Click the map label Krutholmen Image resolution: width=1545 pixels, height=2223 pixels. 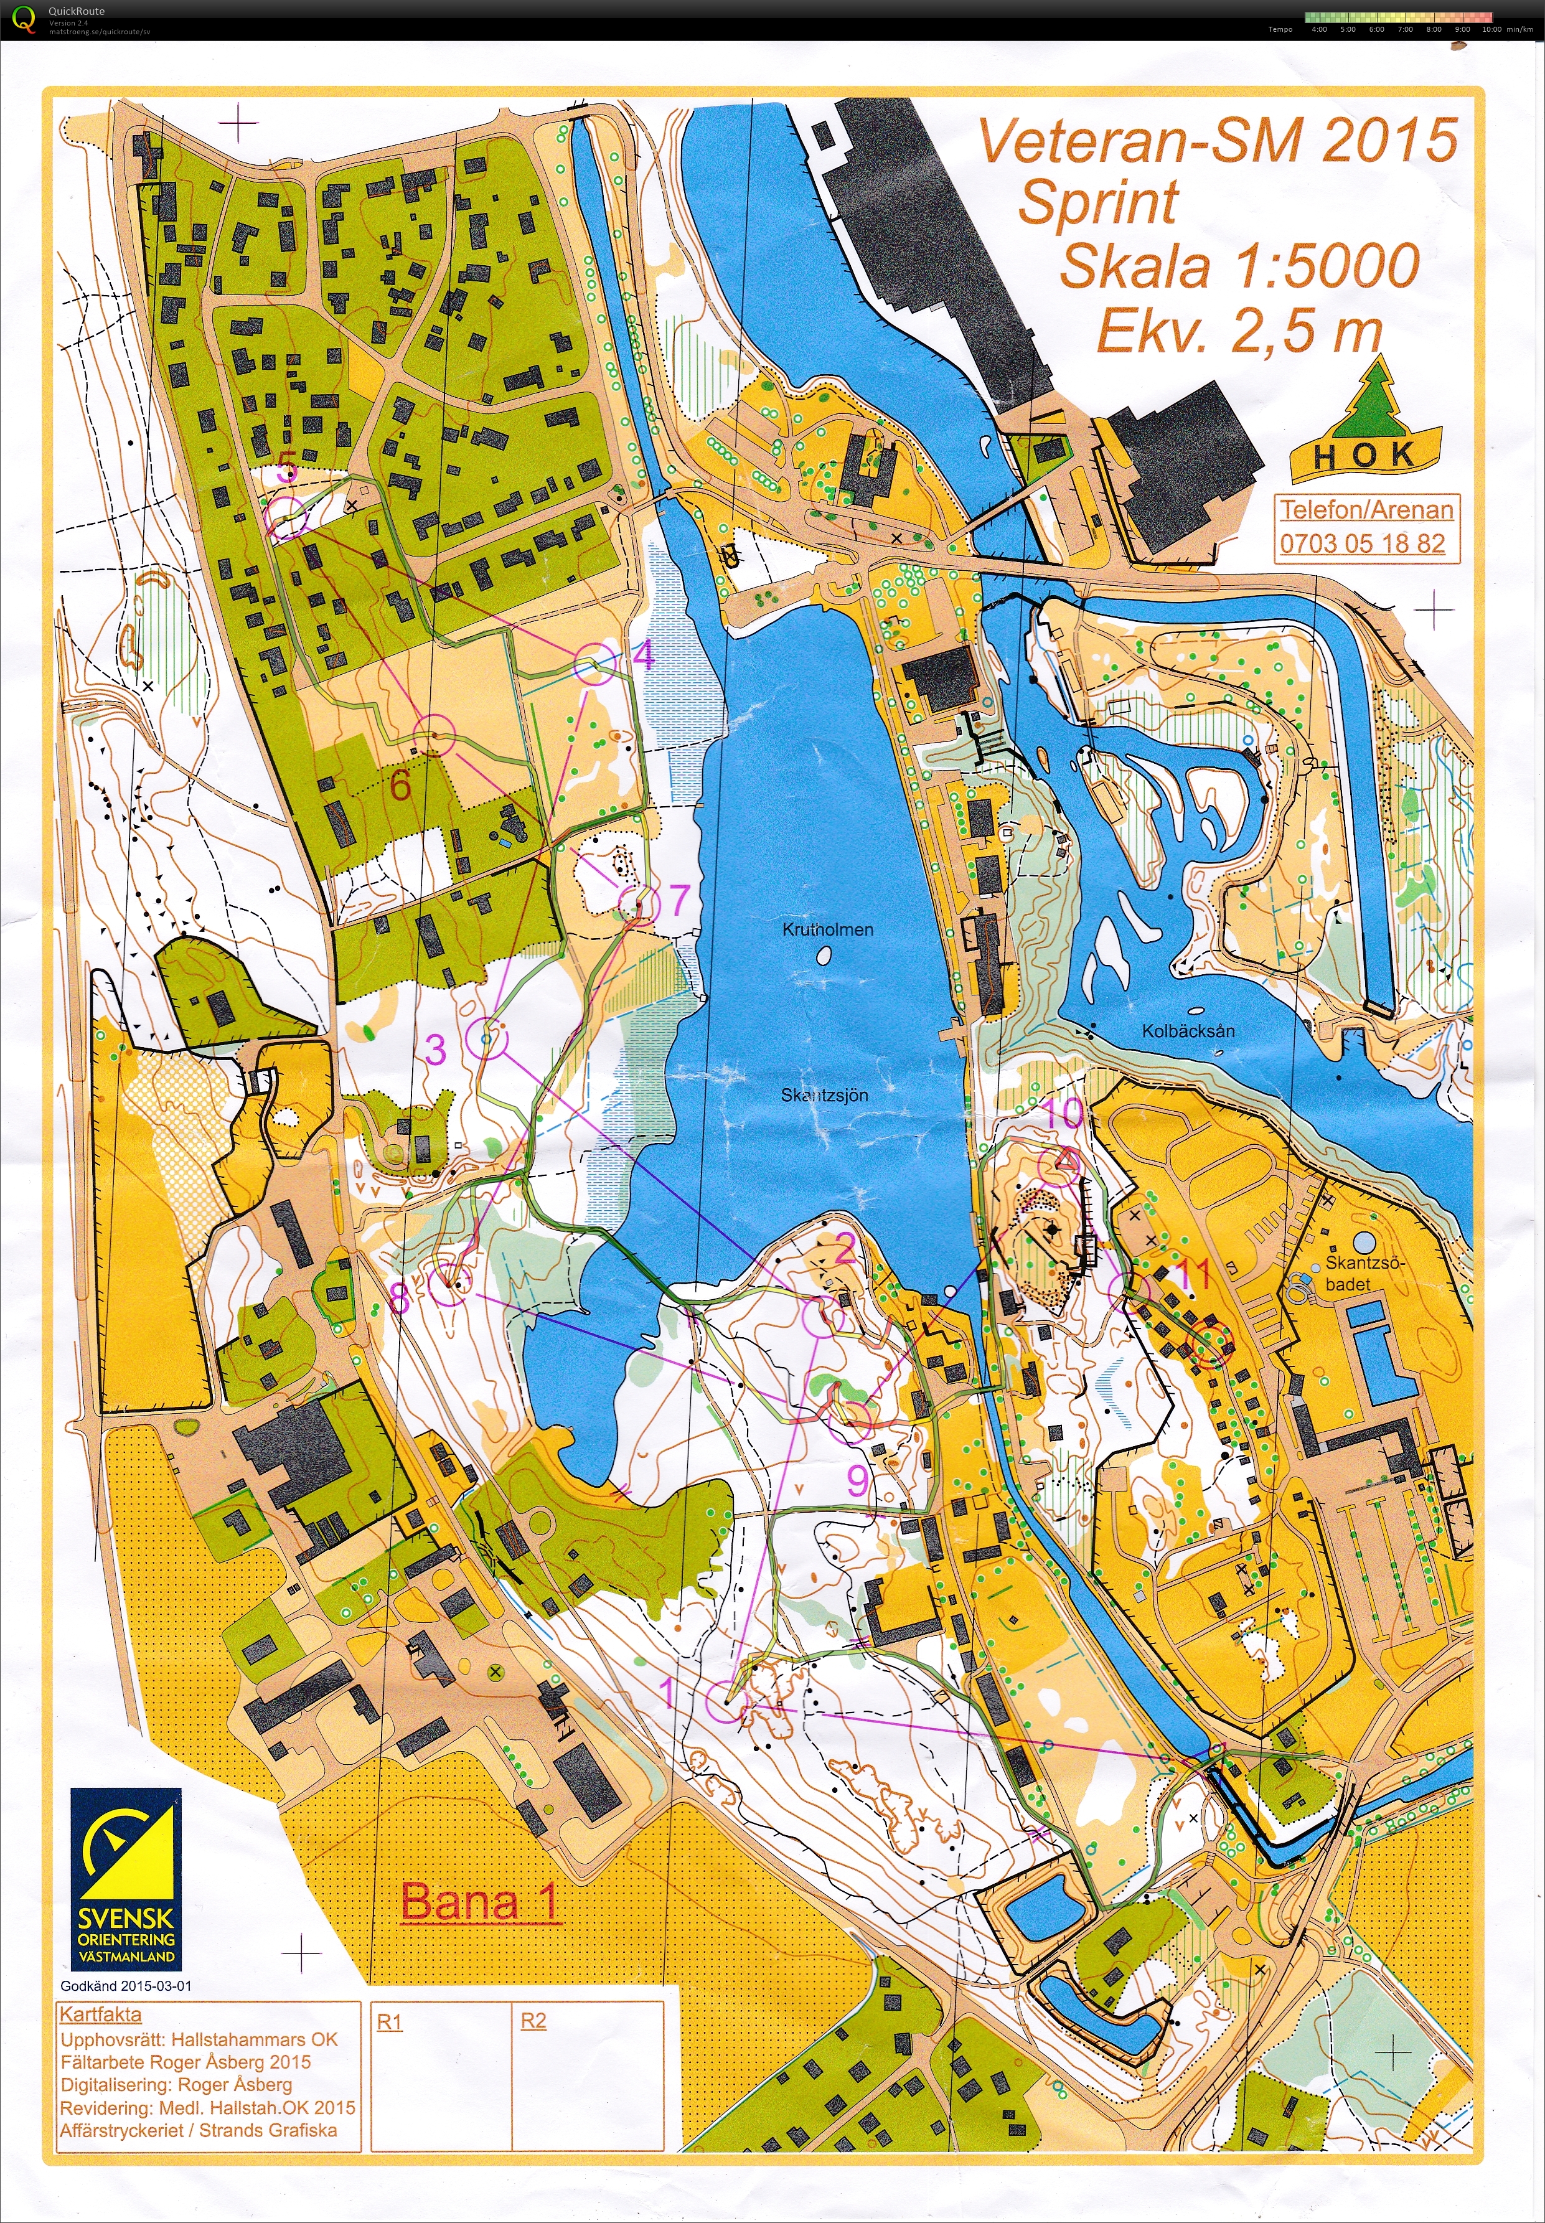click(828, 929)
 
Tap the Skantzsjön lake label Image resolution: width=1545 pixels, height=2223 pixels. click(825, 1095)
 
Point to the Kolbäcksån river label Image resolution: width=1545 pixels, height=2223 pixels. click(1188, 1031)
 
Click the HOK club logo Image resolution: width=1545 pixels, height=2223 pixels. click(1365, 426)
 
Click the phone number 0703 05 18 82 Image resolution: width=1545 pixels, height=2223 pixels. click(1362, 543)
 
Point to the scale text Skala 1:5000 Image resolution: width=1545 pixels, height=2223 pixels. click(1239, 266)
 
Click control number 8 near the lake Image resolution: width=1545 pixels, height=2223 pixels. click(400, 1299)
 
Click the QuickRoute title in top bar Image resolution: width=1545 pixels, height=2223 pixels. click(77, 11)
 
